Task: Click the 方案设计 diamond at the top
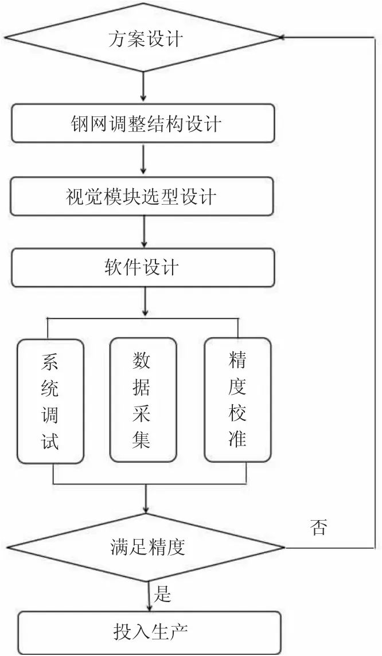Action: [143, 39]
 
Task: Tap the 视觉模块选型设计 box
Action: [142, 196]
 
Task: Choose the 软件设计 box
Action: [142, 268]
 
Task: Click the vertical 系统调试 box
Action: [50, 401]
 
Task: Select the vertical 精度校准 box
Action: [237, 400]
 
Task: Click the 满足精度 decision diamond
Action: [147, 546]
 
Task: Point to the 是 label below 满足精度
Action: [163, 593]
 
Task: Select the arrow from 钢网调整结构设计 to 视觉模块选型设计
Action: [143, 161]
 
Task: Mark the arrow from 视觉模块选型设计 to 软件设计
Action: [144, 233]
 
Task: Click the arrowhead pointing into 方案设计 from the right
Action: [284, 37]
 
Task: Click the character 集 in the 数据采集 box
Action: [142, 440]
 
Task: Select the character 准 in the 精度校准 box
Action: [237, 439]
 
